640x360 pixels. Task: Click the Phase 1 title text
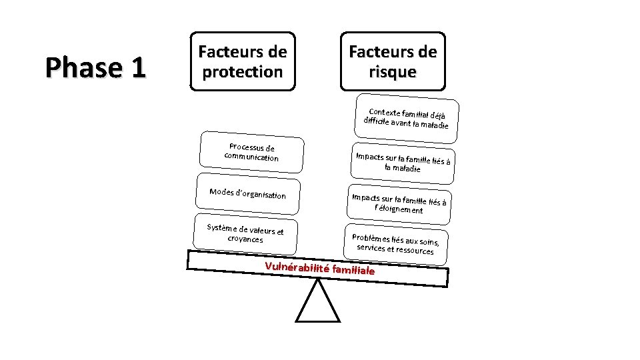[x=95, y=67]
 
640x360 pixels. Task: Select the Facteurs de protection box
[x=243, y=61]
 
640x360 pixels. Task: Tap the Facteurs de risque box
[x=393, y=61]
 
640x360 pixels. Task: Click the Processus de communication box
[x=251, y=153]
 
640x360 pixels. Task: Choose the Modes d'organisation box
[x=247, y=194]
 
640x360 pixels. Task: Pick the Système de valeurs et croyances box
[x=245, y=233]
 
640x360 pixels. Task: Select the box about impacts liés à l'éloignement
[x=399, y=203]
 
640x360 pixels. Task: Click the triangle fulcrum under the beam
[x=317, y=303]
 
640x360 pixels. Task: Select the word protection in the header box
[x=243, y=71]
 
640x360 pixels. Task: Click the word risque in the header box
[x=393, y=71]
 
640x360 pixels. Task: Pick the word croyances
[x=245, y=239]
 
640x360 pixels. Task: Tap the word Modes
[x=221, y=192]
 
